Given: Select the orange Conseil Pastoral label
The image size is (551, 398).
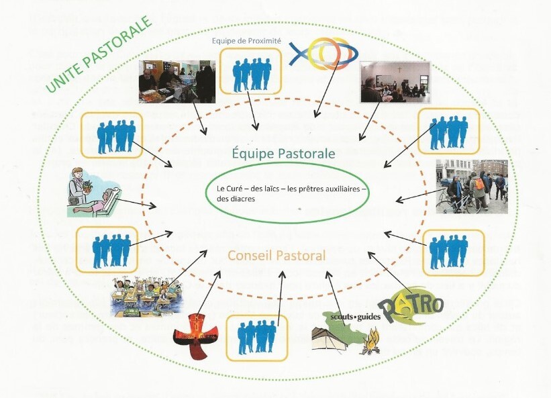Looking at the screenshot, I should click(x=277, y=255).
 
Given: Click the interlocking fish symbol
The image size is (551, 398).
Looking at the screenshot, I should click(x=320, y=54).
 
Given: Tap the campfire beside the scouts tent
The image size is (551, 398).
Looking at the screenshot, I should click(x=370, y=344).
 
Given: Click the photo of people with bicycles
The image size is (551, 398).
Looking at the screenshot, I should click(x=471, y=186).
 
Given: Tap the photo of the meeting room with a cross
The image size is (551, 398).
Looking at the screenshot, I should click(x=394, y=82).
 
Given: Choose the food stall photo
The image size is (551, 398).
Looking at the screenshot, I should click(x=177, y=82).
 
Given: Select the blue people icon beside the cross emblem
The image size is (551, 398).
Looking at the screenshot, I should click(x=258, y=337).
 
